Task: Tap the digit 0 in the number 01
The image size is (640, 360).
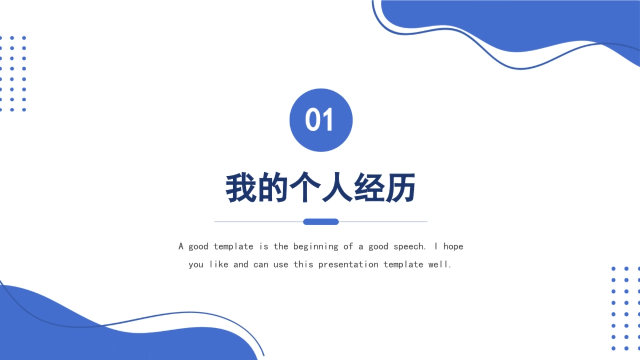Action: pos(313,120)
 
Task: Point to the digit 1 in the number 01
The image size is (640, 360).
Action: pos(327,120)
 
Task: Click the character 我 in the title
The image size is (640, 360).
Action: pos(242,188)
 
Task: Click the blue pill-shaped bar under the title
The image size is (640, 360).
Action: pos(321,222)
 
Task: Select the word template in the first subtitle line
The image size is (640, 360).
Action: pos(234,246)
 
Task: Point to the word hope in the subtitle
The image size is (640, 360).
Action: pos(453,247)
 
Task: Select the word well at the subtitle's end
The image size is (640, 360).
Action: pos(440,265)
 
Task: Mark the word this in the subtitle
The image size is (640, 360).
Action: pos(303,265)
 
